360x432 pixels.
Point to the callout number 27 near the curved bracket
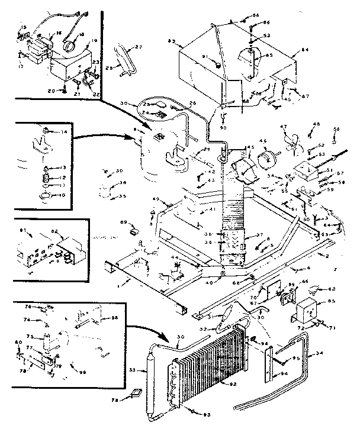click(139, 46)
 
